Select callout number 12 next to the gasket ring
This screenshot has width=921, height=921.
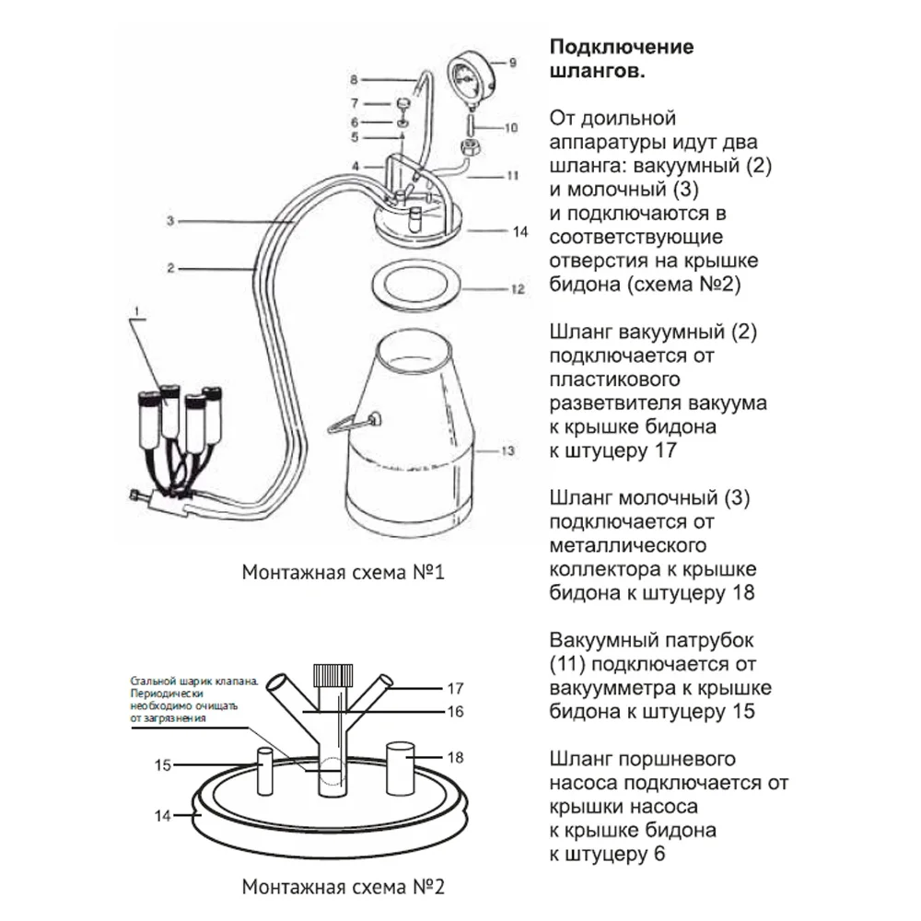click(x=518, y=288)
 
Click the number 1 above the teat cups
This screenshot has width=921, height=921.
click(x=135, y=313)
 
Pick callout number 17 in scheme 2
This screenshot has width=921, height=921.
click(x=454, y=688)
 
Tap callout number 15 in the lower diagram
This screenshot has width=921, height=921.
click(x=163, y=764)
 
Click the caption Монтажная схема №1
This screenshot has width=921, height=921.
click(x=344, y=573)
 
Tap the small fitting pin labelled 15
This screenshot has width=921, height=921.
click(x=263, y=771)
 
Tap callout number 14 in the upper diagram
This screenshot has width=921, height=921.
click(x=520, y=232)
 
